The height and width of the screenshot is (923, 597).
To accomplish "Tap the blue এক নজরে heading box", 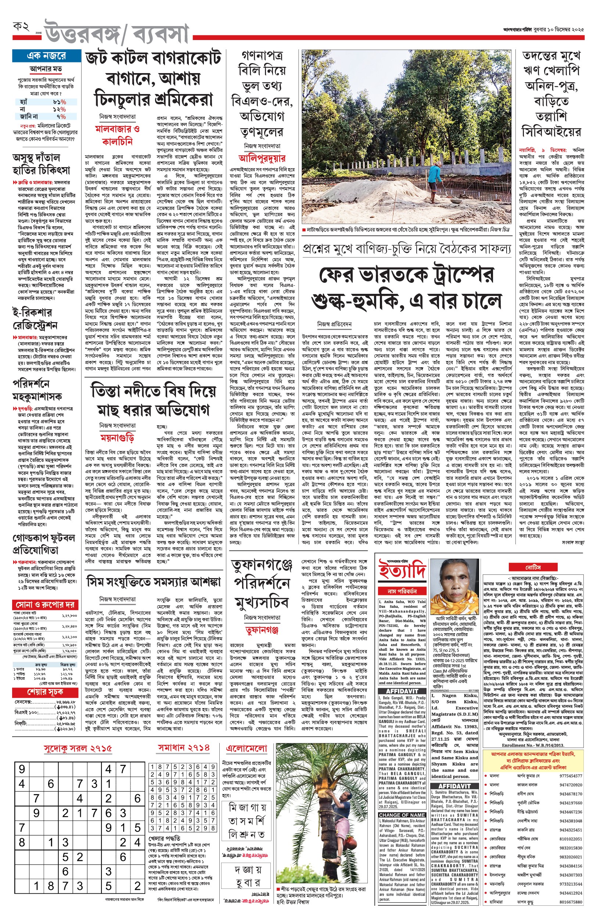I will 46,56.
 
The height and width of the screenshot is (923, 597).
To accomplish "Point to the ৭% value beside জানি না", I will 61,116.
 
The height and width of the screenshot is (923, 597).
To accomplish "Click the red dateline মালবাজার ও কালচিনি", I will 118,134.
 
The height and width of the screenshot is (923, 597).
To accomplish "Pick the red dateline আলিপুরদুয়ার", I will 262,158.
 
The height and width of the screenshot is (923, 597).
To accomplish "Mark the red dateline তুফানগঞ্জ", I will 262,630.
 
